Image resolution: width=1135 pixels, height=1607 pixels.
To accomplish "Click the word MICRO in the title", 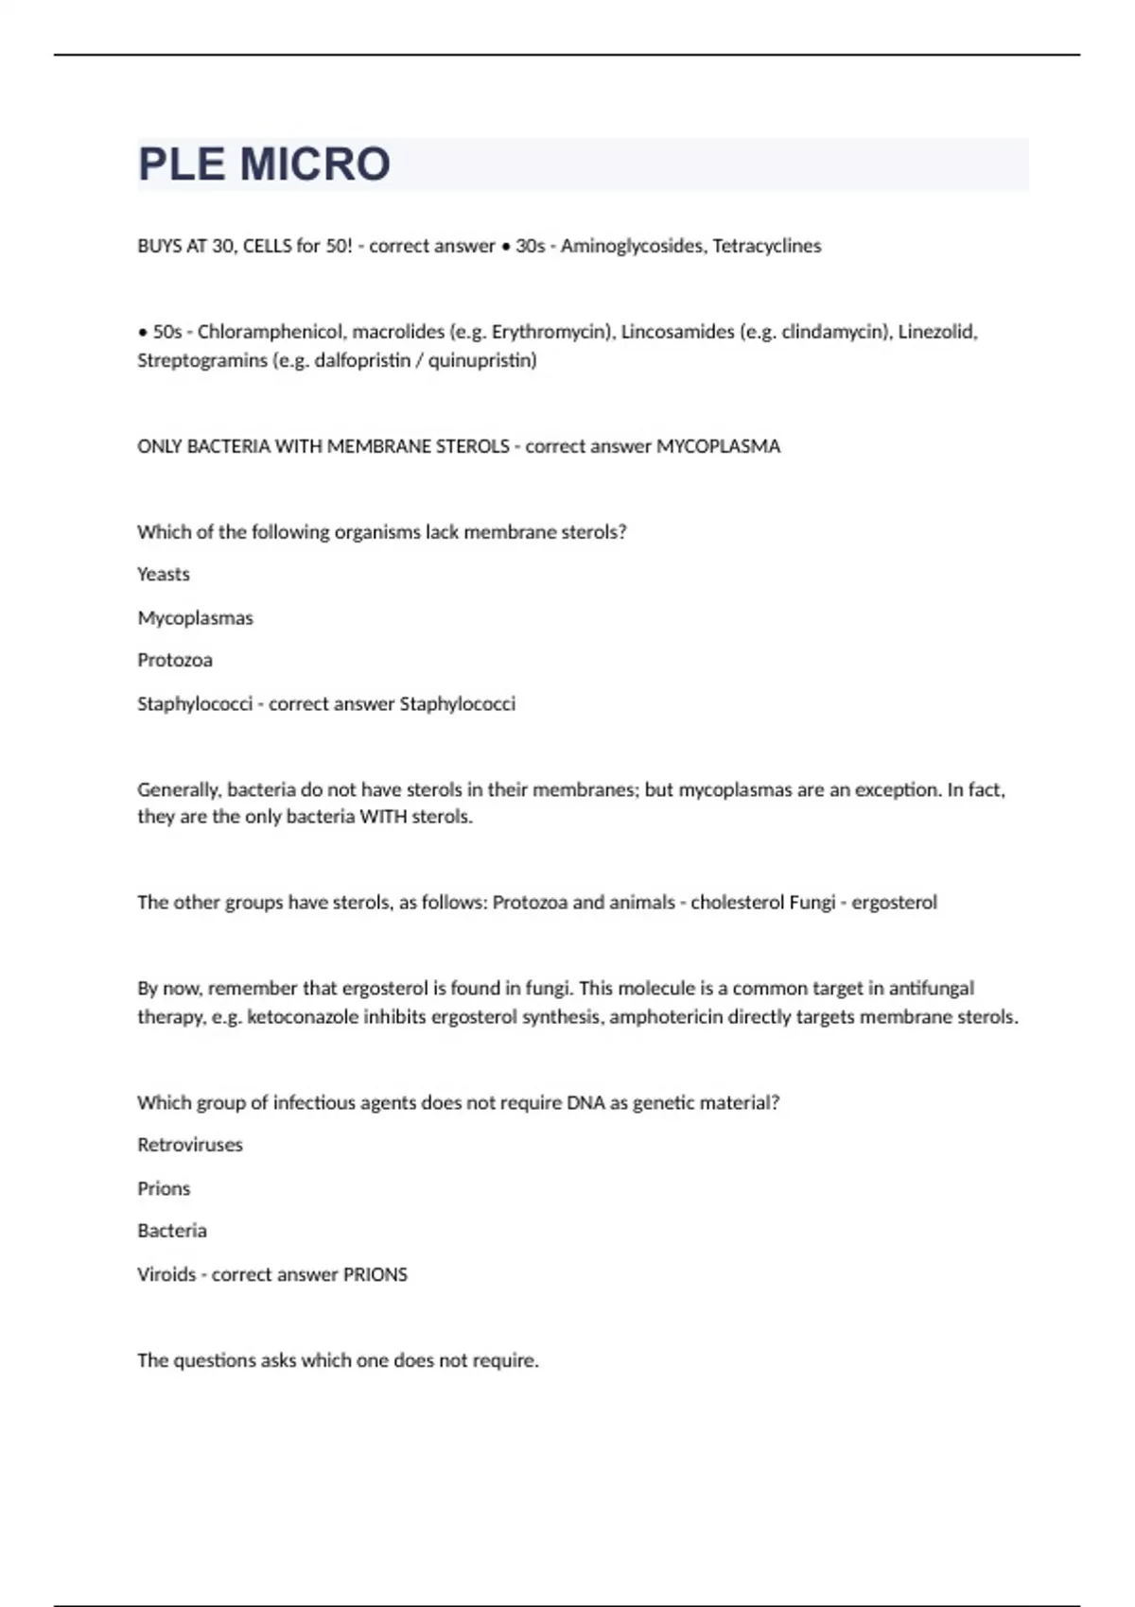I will pyautogui.click(x=315, y=164).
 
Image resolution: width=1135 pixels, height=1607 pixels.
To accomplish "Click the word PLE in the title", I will pyautogui.click(x=182, y=164).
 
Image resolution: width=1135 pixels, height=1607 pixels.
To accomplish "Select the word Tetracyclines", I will pyautogui.click(x=767, y=246).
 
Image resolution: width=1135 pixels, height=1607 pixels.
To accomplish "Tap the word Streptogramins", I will pyautogui.click(x=201, y=360).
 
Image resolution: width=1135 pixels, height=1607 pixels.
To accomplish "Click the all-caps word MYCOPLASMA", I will pyautogui.click(x=719, y=446).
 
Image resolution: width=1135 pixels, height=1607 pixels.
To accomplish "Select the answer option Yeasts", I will pyautogui.click(x=164, y=574).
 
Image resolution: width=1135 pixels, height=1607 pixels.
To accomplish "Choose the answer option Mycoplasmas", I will pyautogui.click(x=196, y=618).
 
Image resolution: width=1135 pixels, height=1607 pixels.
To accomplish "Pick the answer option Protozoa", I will pyautogui.click(x=175, y=660).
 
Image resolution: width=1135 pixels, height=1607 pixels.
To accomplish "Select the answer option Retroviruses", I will pyautogui.click(x=190, y=1145).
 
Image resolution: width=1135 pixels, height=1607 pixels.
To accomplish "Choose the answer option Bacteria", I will pyautogui.click(x=172, y=1231).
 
